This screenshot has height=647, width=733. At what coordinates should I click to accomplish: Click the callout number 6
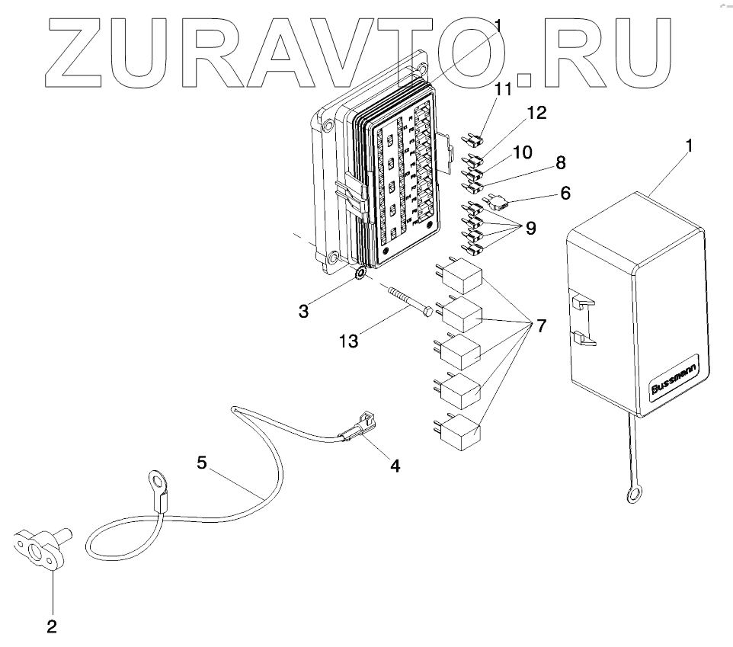click(x=565, y=193)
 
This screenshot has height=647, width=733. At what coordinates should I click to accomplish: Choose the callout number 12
click(x=536, y=114)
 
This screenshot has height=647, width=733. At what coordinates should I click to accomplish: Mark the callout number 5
click(x=201, y=463)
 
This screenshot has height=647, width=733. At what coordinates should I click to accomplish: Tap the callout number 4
click(x=395, y=464)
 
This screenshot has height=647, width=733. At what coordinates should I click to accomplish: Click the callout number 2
click(x=51, y=626)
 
